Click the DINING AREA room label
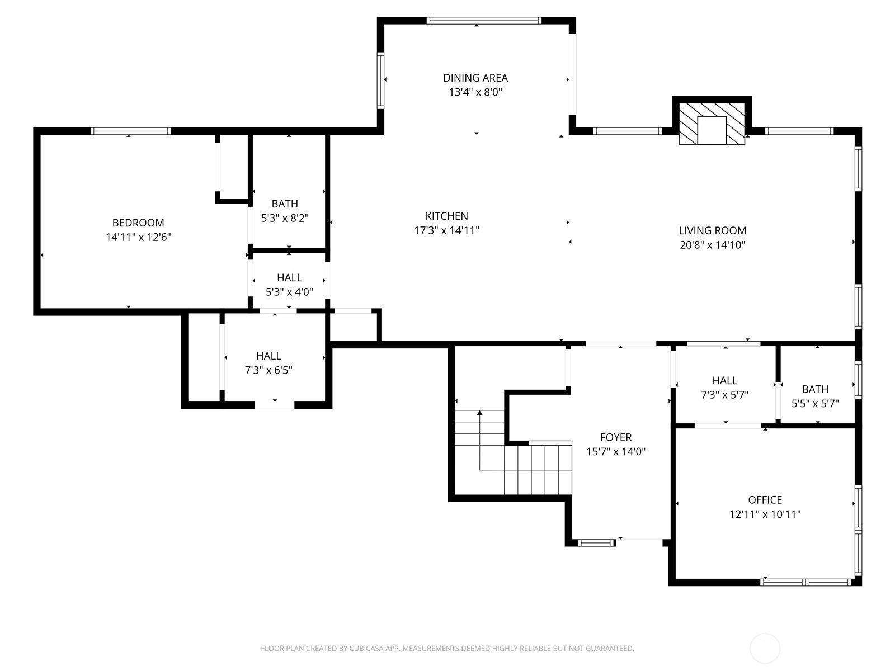475,78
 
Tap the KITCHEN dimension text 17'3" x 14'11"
446,230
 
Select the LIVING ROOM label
712,230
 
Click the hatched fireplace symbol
712,124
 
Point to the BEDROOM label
138,223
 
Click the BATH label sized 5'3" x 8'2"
285,204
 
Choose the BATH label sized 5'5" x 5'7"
815,389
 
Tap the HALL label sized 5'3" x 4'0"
289,277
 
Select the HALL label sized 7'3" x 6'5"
268,356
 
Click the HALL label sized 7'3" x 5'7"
724,380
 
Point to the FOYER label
616,437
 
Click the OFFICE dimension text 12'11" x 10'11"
765,514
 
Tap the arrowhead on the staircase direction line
479,413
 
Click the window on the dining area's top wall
484,21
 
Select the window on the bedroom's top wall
130,131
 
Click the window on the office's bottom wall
805,582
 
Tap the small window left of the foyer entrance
595,542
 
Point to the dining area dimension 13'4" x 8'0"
475,92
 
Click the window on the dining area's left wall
380,80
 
